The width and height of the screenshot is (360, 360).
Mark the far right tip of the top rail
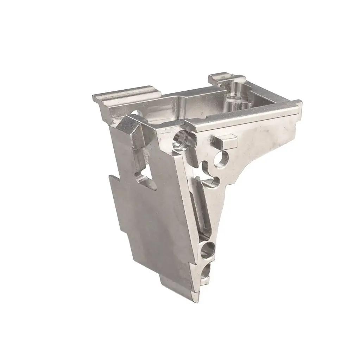tap(299, 103)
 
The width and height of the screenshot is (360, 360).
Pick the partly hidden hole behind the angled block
tap(135, 113)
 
